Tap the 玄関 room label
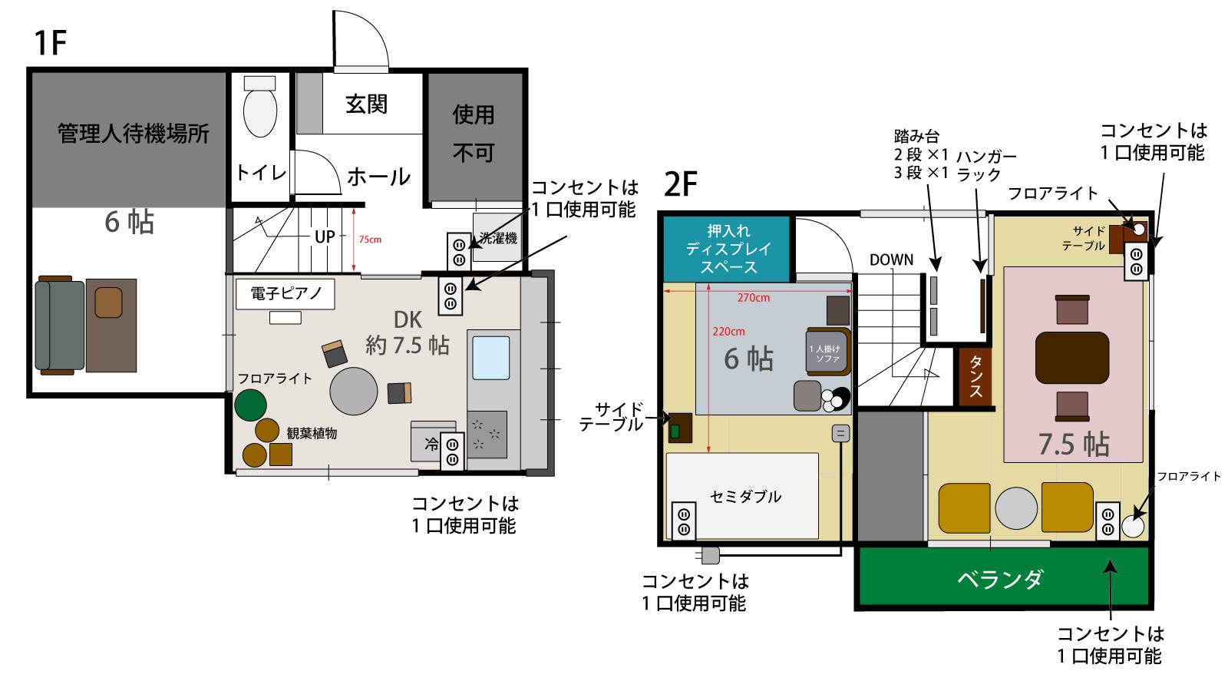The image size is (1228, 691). (x=366, y=104)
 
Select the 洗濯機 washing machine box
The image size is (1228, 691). (x=497, y=238)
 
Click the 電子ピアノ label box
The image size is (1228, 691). (x=286, y=293)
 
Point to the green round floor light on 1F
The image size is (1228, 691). (x=250, y=405)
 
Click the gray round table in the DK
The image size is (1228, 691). (x=353, y=391)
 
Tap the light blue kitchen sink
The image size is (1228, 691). (x=490, y=357)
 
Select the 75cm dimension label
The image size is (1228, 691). (x=370, y=240)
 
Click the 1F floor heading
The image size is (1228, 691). (x=51, y=43)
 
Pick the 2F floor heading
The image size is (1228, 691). (x=680, y=184)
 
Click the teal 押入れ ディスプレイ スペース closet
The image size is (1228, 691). (x=726, y=249)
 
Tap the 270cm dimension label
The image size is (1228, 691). (x=753, y=298)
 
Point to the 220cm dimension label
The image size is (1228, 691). (x=728, y=332)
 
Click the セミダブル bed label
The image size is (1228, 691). (x=745, y=497)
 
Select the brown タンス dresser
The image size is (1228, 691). (x=975, y=376)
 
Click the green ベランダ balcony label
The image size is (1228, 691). (x=999, y=578)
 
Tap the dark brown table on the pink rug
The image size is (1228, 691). (x=1071, y=358)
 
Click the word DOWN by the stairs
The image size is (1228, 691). (x=891, y=260)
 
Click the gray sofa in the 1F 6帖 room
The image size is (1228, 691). (x=60, y=325)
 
